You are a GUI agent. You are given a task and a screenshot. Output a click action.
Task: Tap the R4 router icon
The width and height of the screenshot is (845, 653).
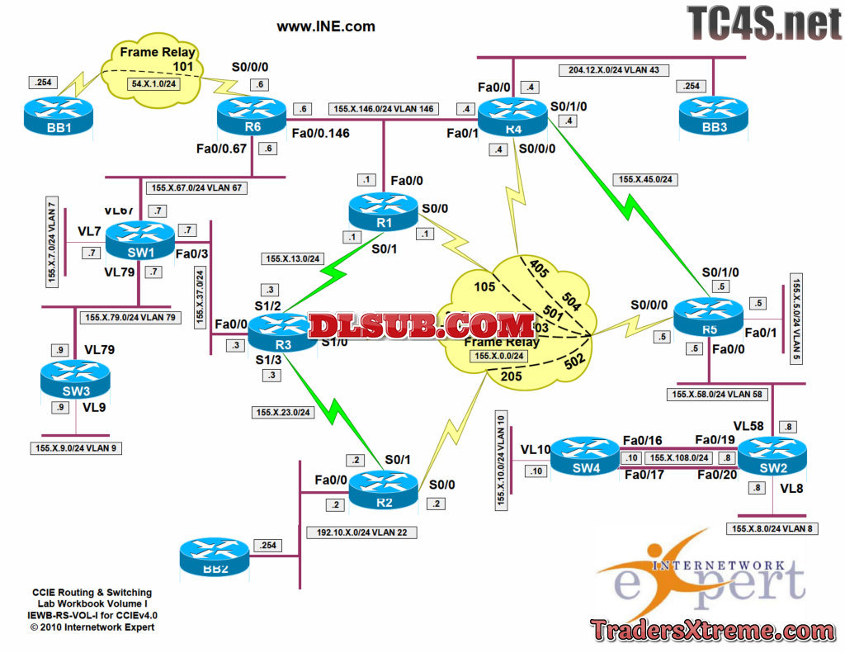click(514, 116)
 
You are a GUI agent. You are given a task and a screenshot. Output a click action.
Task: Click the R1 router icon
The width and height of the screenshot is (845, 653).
click(382, 211)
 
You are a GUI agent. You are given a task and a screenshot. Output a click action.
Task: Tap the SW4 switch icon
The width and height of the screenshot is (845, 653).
click(584, 456)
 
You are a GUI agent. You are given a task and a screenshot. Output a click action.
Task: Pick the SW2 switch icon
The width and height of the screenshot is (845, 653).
click(772, 456)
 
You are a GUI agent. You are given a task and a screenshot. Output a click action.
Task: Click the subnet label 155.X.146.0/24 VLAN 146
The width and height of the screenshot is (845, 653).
click(383, 109)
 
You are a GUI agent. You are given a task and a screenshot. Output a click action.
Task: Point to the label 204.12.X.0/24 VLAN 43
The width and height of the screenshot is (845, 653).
click(614, 70)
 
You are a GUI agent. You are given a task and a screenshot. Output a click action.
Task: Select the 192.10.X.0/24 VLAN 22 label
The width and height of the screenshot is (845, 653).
click(361, 532)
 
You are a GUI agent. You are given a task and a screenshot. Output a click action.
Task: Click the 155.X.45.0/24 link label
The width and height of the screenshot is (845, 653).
click(644, 177)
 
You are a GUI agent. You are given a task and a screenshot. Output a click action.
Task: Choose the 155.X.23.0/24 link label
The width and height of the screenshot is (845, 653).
click(283, 413)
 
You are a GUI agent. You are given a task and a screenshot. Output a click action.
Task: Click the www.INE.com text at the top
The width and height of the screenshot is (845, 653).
click(326, 26)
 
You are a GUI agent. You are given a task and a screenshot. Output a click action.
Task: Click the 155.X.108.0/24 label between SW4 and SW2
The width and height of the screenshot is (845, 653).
click(679, 457)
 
